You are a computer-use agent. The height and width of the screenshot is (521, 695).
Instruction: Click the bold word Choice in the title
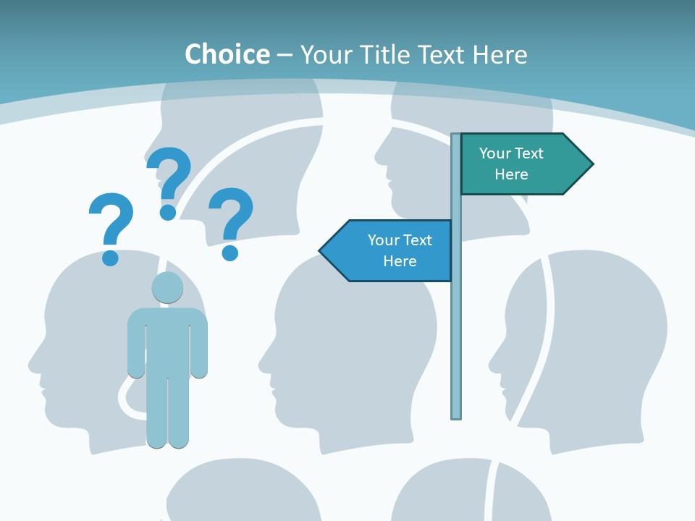point(227,54)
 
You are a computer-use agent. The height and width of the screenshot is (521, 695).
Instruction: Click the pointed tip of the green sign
point(591,164)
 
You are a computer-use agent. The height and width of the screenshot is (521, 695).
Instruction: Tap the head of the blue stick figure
point(167,287)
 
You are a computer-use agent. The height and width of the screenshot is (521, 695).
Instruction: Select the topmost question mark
point(169,181)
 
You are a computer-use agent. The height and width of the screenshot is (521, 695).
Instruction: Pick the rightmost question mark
point(231,221)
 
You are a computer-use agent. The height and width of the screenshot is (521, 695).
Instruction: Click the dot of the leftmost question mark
point(110,257)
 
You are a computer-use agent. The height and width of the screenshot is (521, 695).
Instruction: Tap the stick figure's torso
point(167,340)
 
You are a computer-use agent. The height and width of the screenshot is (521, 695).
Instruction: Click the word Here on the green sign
point(511,174)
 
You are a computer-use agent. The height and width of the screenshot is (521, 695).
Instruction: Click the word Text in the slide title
point(441,54)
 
